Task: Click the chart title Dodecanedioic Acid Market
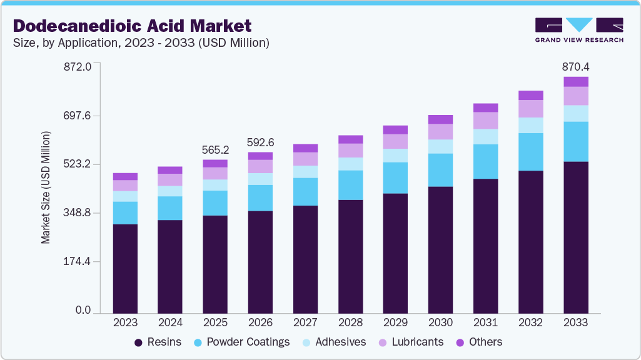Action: click(x=133, y=26)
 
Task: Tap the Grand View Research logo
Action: click(x=578, y=29)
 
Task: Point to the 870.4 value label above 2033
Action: click(x=575, y=66)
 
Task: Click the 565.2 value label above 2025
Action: click(x=215, y=150)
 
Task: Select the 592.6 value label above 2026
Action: click(x=260, y=142)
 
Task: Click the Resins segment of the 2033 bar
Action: click(x=575, y=237)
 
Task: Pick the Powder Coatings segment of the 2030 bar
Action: click(x=440, y=170)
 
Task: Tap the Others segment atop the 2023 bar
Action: click(x=125, y=177)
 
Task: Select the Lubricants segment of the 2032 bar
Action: click(x=530, y=109)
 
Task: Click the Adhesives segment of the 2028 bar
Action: click(x=350, y=164)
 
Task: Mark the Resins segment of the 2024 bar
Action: click(x=170, y=266)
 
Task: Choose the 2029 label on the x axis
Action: click(x=395, y=323)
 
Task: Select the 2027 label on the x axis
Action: click(x=305, y=323)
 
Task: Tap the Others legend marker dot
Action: click(x=460, y=342)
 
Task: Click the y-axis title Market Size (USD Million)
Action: click(x=46, y=187)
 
